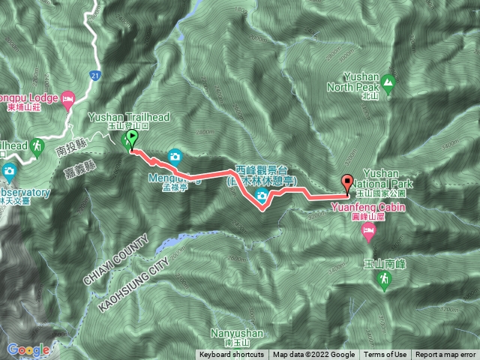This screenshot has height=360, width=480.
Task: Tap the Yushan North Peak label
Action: (x=367, y=81)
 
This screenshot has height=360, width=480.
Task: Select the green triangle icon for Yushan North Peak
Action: (x=388, y=81)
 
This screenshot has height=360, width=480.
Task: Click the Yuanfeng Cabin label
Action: (x=368, y=211)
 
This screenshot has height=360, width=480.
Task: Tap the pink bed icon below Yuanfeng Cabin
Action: (x=368, y=233)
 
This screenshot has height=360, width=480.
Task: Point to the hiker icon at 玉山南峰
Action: (x=383, y=280)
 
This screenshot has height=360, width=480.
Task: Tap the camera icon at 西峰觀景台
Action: (x=262, y=196)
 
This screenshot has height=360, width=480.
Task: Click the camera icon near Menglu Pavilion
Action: (x=175, y=156)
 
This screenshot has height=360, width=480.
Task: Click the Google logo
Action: (x=28, y=349)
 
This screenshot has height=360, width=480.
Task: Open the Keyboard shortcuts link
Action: (x=231, y=355)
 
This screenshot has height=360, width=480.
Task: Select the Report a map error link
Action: (x=445, y=355)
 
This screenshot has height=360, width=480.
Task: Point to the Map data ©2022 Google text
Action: (x=313, y=355)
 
